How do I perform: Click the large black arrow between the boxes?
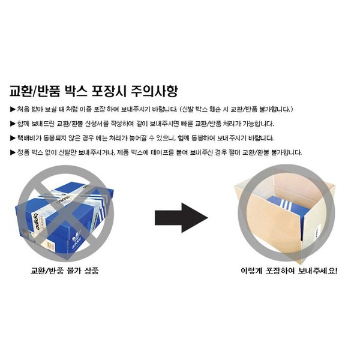(x=181, y=218)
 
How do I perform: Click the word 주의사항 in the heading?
(x=154, y=91)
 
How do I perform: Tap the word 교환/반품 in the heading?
(x=35, y=91)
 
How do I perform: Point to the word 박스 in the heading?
(x=76, y=91)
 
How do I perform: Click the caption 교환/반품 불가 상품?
(x=65, y=271)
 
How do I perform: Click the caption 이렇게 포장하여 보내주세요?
(x=289, y=271)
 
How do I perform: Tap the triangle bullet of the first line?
(x=13, y=109)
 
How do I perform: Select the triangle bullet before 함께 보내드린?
(x=13, y=124)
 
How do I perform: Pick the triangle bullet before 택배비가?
(x=13, y=138)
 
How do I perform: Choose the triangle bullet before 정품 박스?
(x=13, y=152)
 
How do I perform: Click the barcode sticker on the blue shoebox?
(x=51, y=245)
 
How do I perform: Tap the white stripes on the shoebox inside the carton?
(x=285, y=205)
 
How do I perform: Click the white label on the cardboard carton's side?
(x=317, y=233)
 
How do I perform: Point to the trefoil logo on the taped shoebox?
(x=76, y=236)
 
